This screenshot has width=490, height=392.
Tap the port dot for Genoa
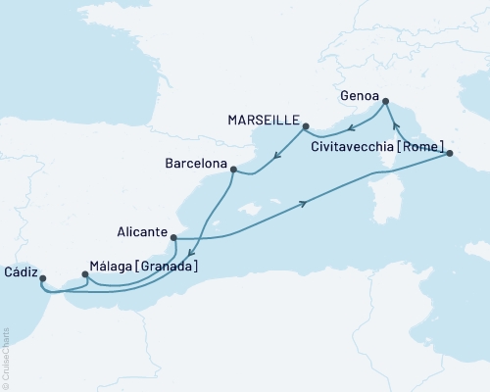(x=385, y=101)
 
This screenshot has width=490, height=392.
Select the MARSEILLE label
(x=265, y=118)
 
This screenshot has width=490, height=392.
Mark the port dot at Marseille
(x=307, y=126)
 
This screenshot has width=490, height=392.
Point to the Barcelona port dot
(x=232, y=170)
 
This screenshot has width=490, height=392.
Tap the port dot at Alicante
(x=173, y=237)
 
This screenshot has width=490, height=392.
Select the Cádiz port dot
(x=43, y=278)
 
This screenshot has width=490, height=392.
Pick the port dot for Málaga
(x=84, y=275)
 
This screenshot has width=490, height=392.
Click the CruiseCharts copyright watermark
(x=6, y=358)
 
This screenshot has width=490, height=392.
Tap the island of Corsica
(x=403, y=187)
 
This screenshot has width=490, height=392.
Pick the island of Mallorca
(x=252, y=209)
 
